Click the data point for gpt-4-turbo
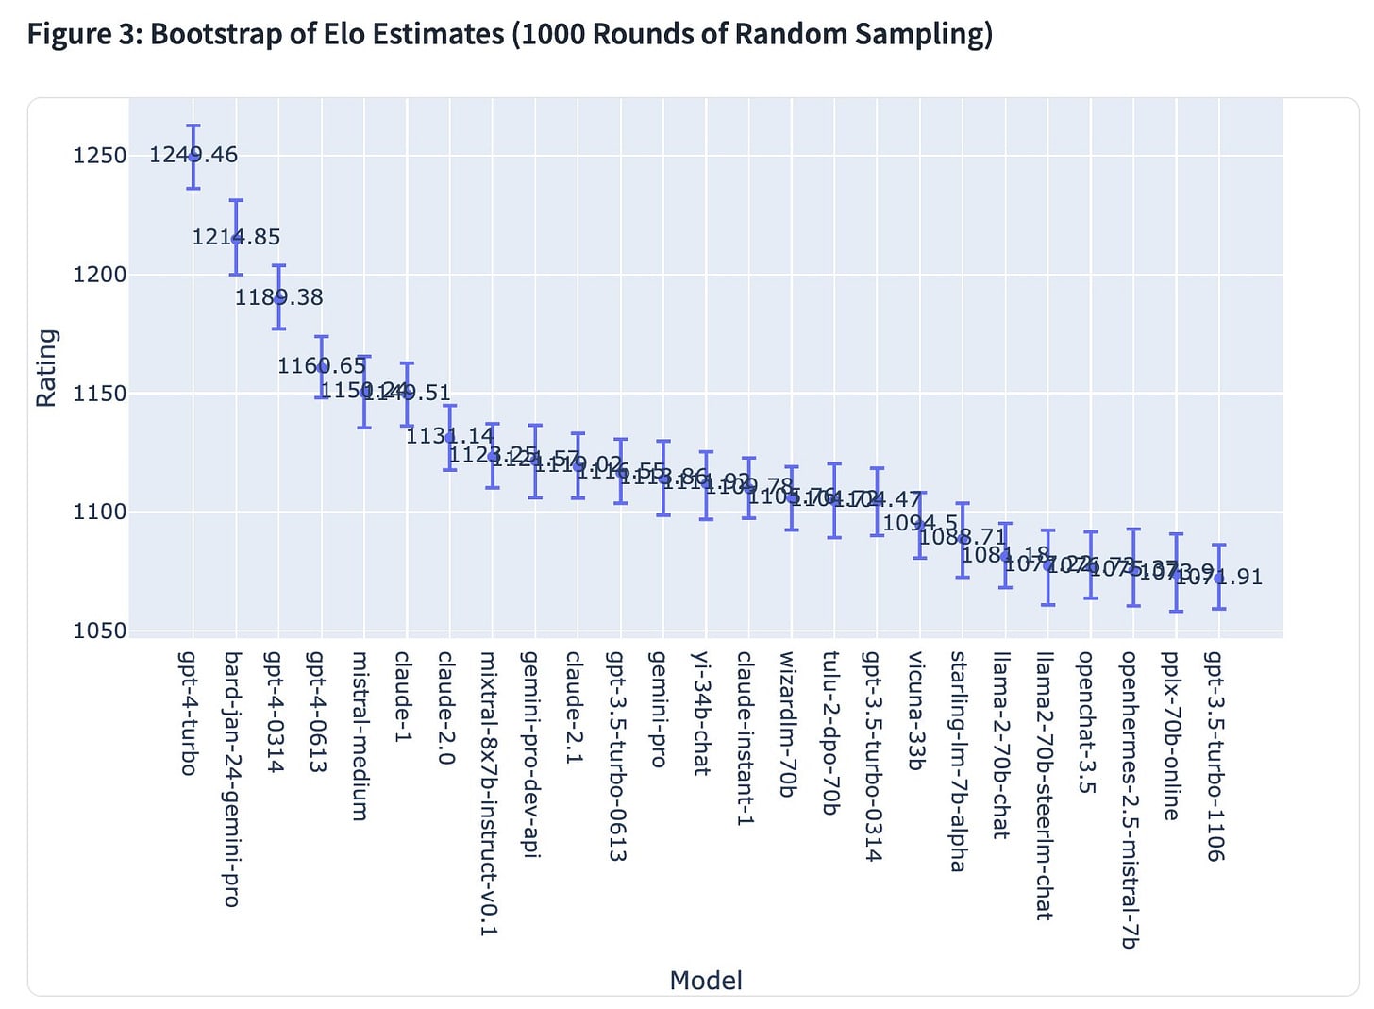coord(193,156)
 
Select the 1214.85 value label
coord(236,237)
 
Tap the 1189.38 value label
coord(278,297)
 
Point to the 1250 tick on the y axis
coord(100,156)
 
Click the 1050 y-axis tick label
coord(100,631)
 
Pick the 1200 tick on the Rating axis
coord(100,275)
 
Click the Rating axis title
coord(45,368)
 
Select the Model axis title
coord(706,981)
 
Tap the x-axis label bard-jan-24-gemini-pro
coord(232,779)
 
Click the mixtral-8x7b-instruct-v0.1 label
coord(489,793)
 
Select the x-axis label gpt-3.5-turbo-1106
coord(1215,756)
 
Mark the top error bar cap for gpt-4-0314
coord(278,265)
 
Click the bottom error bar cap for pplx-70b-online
coord(1176,611)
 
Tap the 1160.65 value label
coord(321,366)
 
